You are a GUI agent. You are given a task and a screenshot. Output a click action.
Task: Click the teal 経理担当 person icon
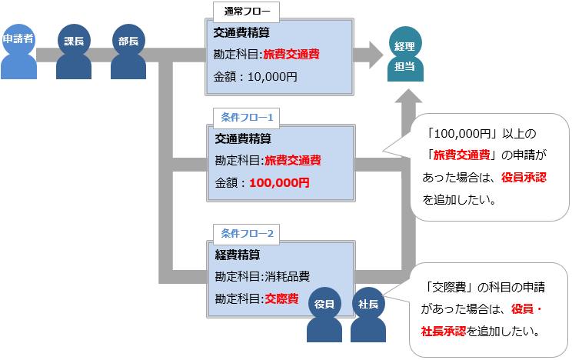click(404, 56)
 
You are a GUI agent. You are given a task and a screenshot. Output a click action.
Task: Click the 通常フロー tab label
click(247, 12)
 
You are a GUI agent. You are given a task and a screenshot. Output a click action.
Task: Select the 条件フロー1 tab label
click(247, 118)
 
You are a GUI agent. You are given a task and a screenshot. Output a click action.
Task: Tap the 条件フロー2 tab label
click(247, 232)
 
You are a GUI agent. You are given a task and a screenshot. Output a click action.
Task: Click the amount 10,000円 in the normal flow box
click(273, 77)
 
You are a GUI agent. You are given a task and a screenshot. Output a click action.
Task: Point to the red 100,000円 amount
click(279, 183)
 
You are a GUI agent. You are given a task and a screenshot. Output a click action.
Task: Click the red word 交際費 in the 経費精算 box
click(281, 298)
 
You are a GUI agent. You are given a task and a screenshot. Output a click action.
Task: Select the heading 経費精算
click(238, 255)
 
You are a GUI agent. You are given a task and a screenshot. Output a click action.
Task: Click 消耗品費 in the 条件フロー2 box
click(285, 276)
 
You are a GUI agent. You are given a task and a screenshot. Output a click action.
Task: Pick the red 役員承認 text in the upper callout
click(524, 178)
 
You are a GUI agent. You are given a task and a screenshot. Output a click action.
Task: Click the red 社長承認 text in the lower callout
click(444, 332)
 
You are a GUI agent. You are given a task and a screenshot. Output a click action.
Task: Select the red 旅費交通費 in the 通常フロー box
click(291, 55)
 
